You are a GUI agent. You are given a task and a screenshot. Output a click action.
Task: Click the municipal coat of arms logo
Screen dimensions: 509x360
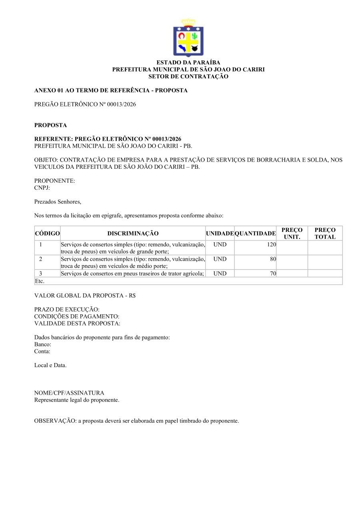click(188, 38)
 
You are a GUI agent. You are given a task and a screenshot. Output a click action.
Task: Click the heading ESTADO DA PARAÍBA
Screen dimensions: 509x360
click(188, 63)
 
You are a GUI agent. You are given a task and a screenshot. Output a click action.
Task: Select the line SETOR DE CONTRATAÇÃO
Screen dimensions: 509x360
click(188, 76)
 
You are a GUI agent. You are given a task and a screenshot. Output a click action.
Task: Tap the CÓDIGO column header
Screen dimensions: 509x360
click(47, 234)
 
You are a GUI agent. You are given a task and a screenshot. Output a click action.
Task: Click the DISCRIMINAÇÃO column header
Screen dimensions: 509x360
click(133, 234)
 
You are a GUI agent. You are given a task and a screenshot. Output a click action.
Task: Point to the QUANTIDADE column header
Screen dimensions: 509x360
click(255, 234)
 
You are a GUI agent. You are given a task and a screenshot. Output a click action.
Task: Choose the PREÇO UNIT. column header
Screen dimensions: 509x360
click(292, 234)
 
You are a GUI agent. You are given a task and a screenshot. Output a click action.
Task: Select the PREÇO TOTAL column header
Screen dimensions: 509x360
click(325, 234)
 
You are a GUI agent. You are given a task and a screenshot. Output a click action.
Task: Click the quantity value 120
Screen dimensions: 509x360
click(272, 245)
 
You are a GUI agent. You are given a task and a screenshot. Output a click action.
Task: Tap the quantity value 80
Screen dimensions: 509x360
click(273, 259)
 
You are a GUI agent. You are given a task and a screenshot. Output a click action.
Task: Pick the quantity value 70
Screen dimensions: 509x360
click(273, 273)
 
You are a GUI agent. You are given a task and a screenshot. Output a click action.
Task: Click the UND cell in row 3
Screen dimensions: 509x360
click(220, 273)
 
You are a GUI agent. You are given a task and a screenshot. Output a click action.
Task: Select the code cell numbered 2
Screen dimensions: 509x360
click(41, 259)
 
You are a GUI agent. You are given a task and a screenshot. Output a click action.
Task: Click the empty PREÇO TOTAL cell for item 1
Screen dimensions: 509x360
click(325, 248)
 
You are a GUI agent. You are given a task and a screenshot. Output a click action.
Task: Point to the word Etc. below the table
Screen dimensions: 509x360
click(39, 281)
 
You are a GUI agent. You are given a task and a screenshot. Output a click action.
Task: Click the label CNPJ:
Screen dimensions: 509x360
click(42, 188)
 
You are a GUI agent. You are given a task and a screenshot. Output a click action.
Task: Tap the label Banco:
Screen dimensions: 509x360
click(42, 344)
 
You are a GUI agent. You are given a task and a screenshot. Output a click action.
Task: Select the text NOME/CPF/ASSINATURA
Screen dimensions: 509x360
click(69, 393)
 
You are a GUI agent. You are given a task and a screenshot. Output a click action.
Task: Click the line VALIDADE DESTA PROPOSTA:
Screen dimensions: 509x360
click(77, 323)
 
